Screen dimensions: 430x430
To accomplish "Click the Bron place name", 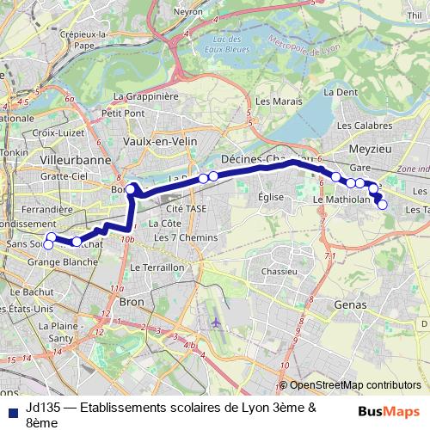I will pyautogui.click(x=131, y=302).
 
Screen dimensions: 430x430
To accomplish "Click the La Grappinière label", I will pyautogui.click(x=150, y=96).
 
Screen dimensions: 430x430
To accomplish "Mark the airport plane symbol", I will pyautogui.click(x=214, y=320).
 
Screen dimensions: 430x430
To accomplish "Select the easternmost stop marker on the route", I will pyautogui.click(x=382, y=204).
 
